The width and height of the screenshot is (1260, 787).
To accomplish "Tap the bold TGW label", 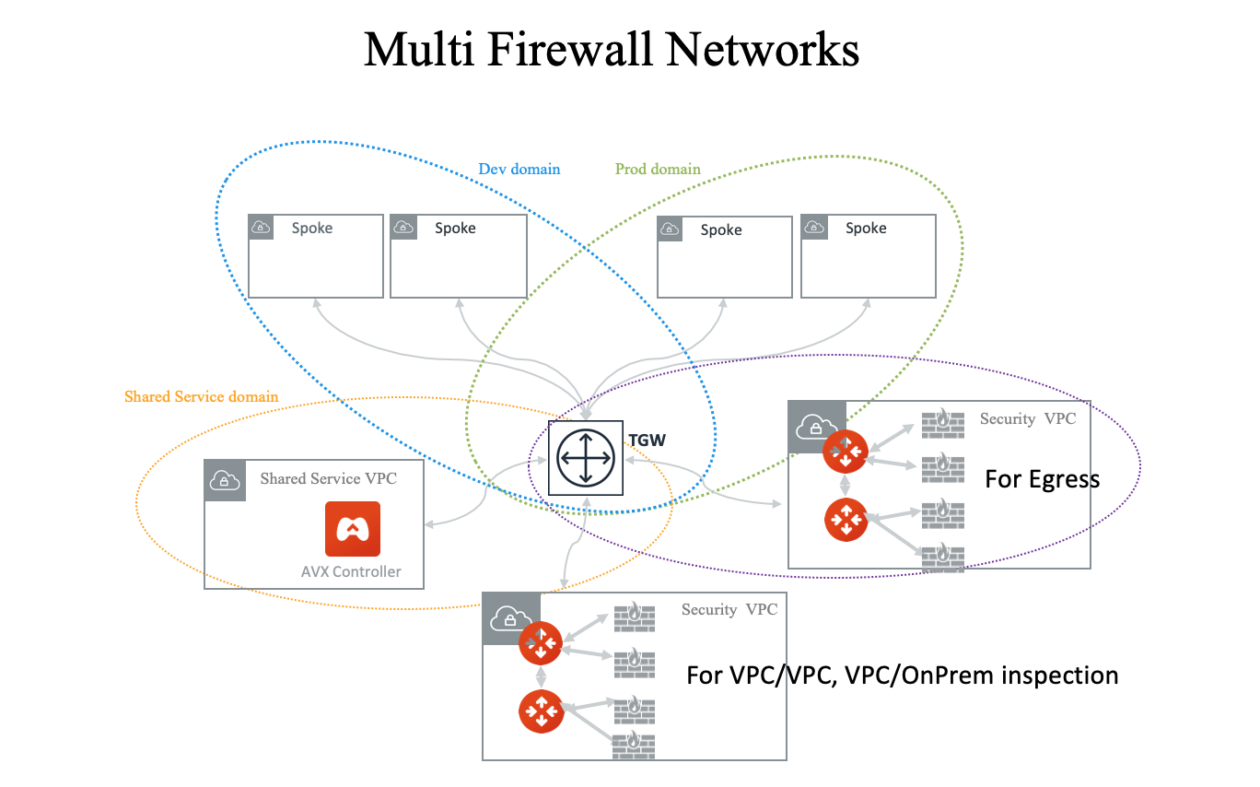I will [647, 441].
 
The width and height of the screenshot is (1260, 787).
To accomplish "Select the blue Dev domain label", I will [519, 170].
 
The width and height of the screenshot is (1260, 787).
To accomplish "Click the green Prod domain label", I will [658, 170].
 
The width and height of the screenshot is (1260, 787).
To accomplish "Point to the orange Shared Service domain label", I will [201, 396].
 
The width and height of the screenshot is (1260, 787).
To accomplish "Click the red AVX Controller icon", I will [352, 529].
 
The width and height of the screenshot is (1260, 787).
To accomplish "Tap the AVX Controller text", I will [351, 571].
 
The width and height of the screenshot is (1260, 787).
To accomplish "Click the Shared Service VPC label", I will [328, 479].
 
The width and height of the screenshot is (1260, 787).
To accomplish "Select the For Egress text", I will [1042, 479].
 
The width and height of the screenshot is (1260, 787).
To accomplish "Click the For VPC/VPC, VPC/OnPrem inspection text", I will [902, 675].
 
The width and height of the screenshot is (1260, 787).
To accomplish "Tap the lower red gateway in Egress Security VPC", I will [846, 520].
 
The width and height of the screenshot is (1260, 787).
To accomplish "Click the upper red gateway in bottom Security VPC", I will [541, 642].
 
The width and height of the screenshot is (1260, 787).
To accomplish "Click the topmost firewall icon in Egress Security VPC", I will [942, 424].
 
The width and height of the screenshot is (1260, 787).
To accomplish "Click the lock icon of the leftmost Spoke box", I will [261, 228].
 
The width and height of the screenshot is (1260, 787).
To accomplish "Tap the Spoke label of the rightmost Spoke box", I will [866, 229].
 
